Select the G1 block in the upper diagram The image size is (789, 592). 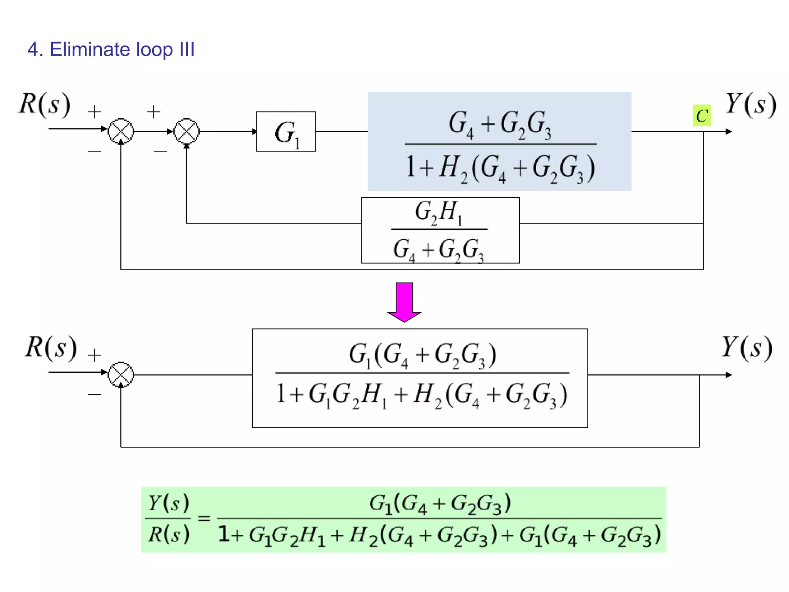pos(286,132)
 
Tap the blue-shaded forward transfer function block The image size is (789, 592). pos(499,141)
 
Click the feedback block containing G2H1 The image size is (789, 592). pos(440,230)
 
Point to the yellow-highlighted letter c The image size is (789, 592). pos(702,115)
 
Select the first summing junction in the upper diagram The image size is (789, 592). pos(121,131)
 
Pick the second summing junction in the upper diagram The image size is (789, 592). pos(186,131)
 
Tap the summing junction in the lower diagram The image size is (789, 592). pos(121,375)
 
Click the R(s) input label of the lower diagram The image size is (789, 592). pos(51,348)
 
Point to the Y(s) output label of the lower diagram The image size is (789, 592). pos(746,348)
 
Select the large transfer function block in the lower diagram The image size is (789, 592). pos(420,378)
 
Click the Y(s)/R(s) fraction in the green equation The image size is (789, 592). pos(169,519)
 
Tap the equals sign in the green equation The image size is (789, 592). pos(204,518)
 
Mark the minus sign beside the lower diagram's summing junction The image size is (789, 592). pos(94,394)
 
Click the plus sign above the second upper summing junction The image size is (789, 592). pos(154,112)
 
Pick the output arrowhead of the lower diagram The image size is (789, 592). pos(728,375)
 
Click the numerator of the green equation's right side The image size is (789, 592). pos(440,504)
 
